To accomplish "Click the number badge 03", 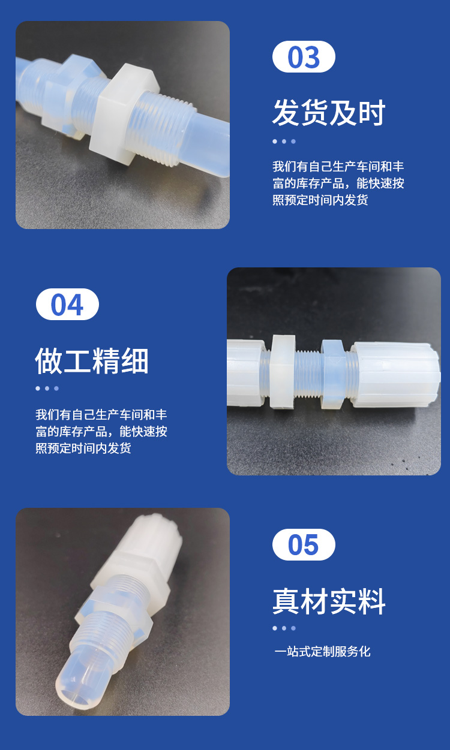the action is (x=304, y=56).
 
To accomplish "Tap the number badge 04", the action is (x=67, y=304).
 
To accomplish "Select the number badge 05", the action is (x=304, y=544).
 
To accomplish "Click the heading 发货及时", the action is (x=329, y=113).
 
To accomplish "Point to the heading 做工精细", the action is (x=92, y=360).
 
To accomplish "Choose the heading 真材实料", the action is (x=329, y=601).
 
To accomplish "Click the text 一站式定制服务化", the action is (x=322, y=651).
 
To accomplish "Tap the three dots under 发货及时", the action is (x=284, y=141).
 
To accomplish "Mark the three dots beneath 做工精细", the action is (x=47, y=388).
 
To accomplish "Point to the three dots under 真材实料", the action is (x=284, y=628).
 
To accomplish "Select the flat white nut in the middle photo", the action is (x=283, y=372).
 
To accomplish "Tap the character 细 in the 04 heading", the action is (x=135, y=360).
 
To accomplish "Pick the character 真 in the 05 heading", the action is (x=286, y=601).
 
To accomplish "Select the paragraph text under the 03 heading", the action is (x=338, y=183).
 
